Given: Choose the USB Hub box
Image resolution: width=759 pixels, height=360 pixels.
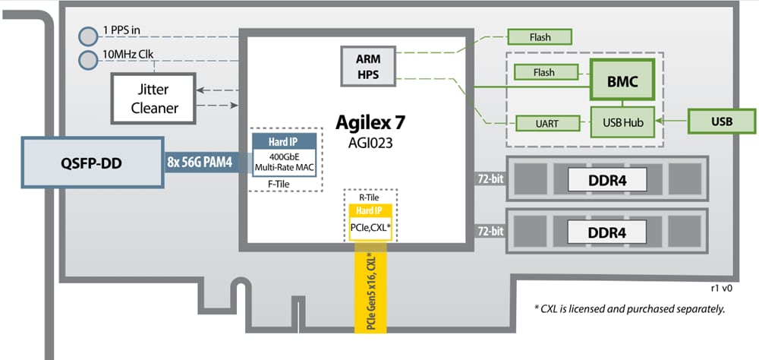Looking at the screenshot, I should click(x=622, y=121).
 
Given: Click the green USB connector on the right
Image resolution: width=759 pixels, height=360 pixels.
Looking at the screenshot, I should click(x=722, y=121).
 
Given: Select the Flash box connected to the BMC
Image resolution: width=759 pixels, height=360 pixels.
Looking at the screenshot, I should click(x=543, y=73).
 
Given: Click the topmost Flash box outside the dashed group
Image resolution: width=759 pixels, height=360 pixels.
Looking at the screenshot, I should click(x=539, y=36).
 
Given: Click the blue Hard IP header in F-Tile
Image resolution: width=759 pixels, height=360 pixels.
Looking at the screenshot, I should click(x=282, y=141).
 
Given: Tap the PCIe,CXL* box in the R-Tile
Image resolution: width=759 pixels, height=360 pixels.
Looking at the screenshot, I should click(x=369, y=227).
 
